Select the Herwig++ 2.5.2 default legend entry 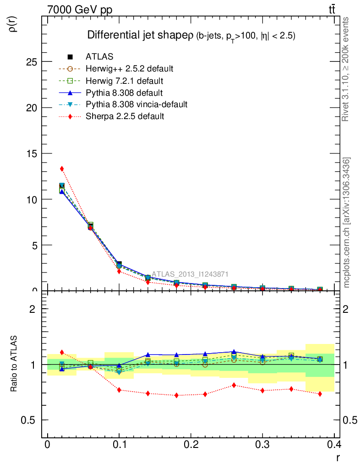click(129, 69)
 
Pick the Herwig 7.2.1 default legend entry click(125, 81)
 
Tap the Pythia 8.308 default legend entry click(124, 93)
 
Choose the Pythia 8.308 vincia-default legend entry click(136, 104)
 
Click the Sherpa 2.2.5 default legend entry click(125, 116)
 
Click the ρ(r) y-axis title click(13, 24)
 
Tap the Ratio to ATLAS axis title click(14, 364)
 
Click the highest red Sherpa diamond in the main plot click(62, 169)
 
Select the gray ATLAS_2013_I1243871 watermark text click(190, 274)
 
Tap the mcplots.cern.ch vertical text click(347, 223)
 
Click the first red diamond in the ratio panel click(62, 352)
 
